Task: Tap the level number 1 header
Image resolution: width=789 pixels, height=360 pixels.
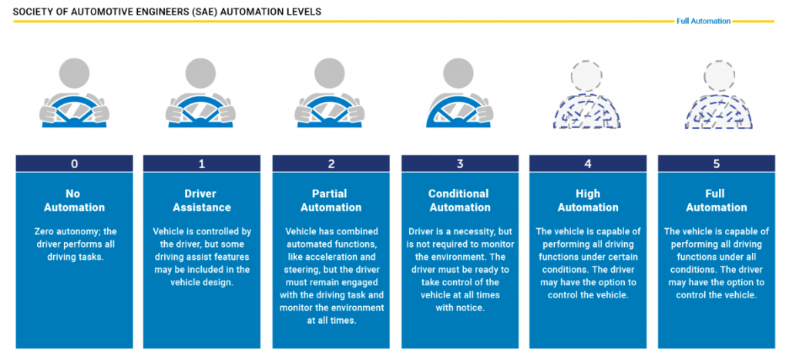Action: coord(201,163)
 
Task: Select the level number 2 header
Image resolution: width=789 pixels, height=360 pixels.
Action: coord(330,163)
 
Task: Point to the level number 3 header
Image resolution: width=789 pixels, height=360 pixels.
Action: coord(458,163)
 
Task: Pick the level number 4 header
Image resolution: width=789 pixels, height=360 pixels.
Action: coord(587,163)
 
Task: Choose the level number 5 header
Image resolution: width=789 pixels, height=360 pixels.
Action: coord(716,163)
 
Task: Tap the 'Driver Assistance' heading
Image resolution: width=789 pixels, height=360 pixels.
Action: coord(201,200)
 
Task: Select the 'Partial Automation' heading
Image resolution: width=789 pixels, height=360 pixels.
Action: coord(330,200)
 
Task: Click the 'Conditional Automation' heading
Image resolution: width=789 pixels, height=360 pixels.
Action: coord(458,200)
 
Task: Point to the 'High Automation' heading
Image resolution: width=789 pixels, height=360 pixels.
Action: coord(587,200)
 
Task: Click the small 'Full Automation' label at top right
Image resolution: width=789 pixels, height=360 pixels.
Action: coord(703,22)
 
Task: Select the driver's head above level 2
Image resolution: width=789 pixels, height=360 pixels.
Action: coord(331,77)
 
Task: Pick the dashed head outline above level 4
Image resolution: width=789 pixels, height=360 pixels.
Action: coord(587,77)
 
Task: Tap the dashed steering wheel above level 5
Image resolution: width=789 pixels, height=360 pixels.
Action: coord(716,112)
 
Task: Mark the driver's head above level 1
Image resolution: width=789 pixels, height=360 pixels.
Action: coord(202,77)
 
